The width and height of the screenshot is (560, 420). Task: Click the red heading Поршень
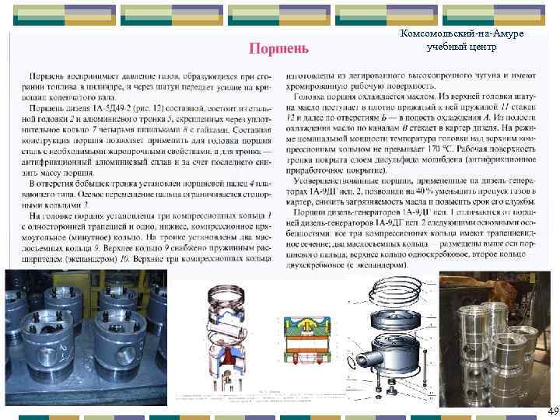point(279,49)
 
